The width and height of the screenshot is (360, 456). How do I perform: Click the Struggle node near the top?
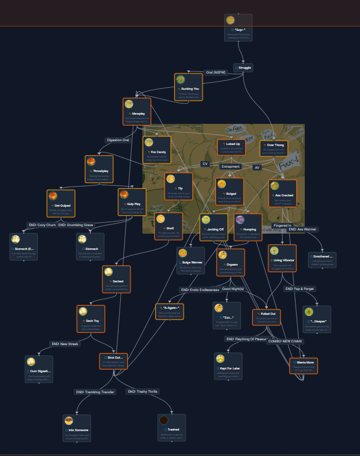pyautogui.click(x=243, y=68)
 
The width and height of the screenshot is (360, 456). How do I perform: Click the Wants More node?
pyautogui.click(x=303, y=366)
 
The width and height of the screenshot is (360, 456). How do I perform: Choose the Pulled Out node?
pyautogui.click(x=266, y=317)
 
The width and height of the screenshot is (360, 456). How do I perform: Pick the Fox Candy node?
pyautogui.click(x=156, y=150)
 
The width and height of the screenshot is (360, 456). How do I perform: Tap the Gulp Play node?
pyautogui.click(x=132, y=202)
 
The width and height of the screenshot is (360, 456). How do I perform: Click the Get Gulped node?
pyautogui.click(x=60, y=203)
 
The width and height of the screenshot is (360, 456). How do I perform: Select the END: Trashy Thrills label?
pyautogui.click(x=142, y=391)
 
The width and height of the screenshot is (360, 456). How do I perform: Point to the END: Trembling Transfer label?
pyautogui.click(x=95, y=392)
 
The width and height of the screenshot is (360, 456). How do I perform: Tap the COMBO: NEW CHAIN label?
pyautogui.click(x=285, y=341)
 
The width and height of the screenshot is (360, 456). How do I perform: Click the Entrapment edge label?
pyautogui.click(x=231, y=167)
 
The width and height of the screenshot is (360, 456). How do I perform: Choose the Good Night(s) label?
pyautogui.click(x=233, y=289)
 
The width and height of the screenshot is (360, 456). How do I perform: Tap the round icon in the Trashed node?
pyautogui.click(x=163, y=420)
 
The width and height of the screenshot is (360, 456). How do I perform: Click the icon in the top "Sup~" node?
pyautogui.click(x=230, y=20)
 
